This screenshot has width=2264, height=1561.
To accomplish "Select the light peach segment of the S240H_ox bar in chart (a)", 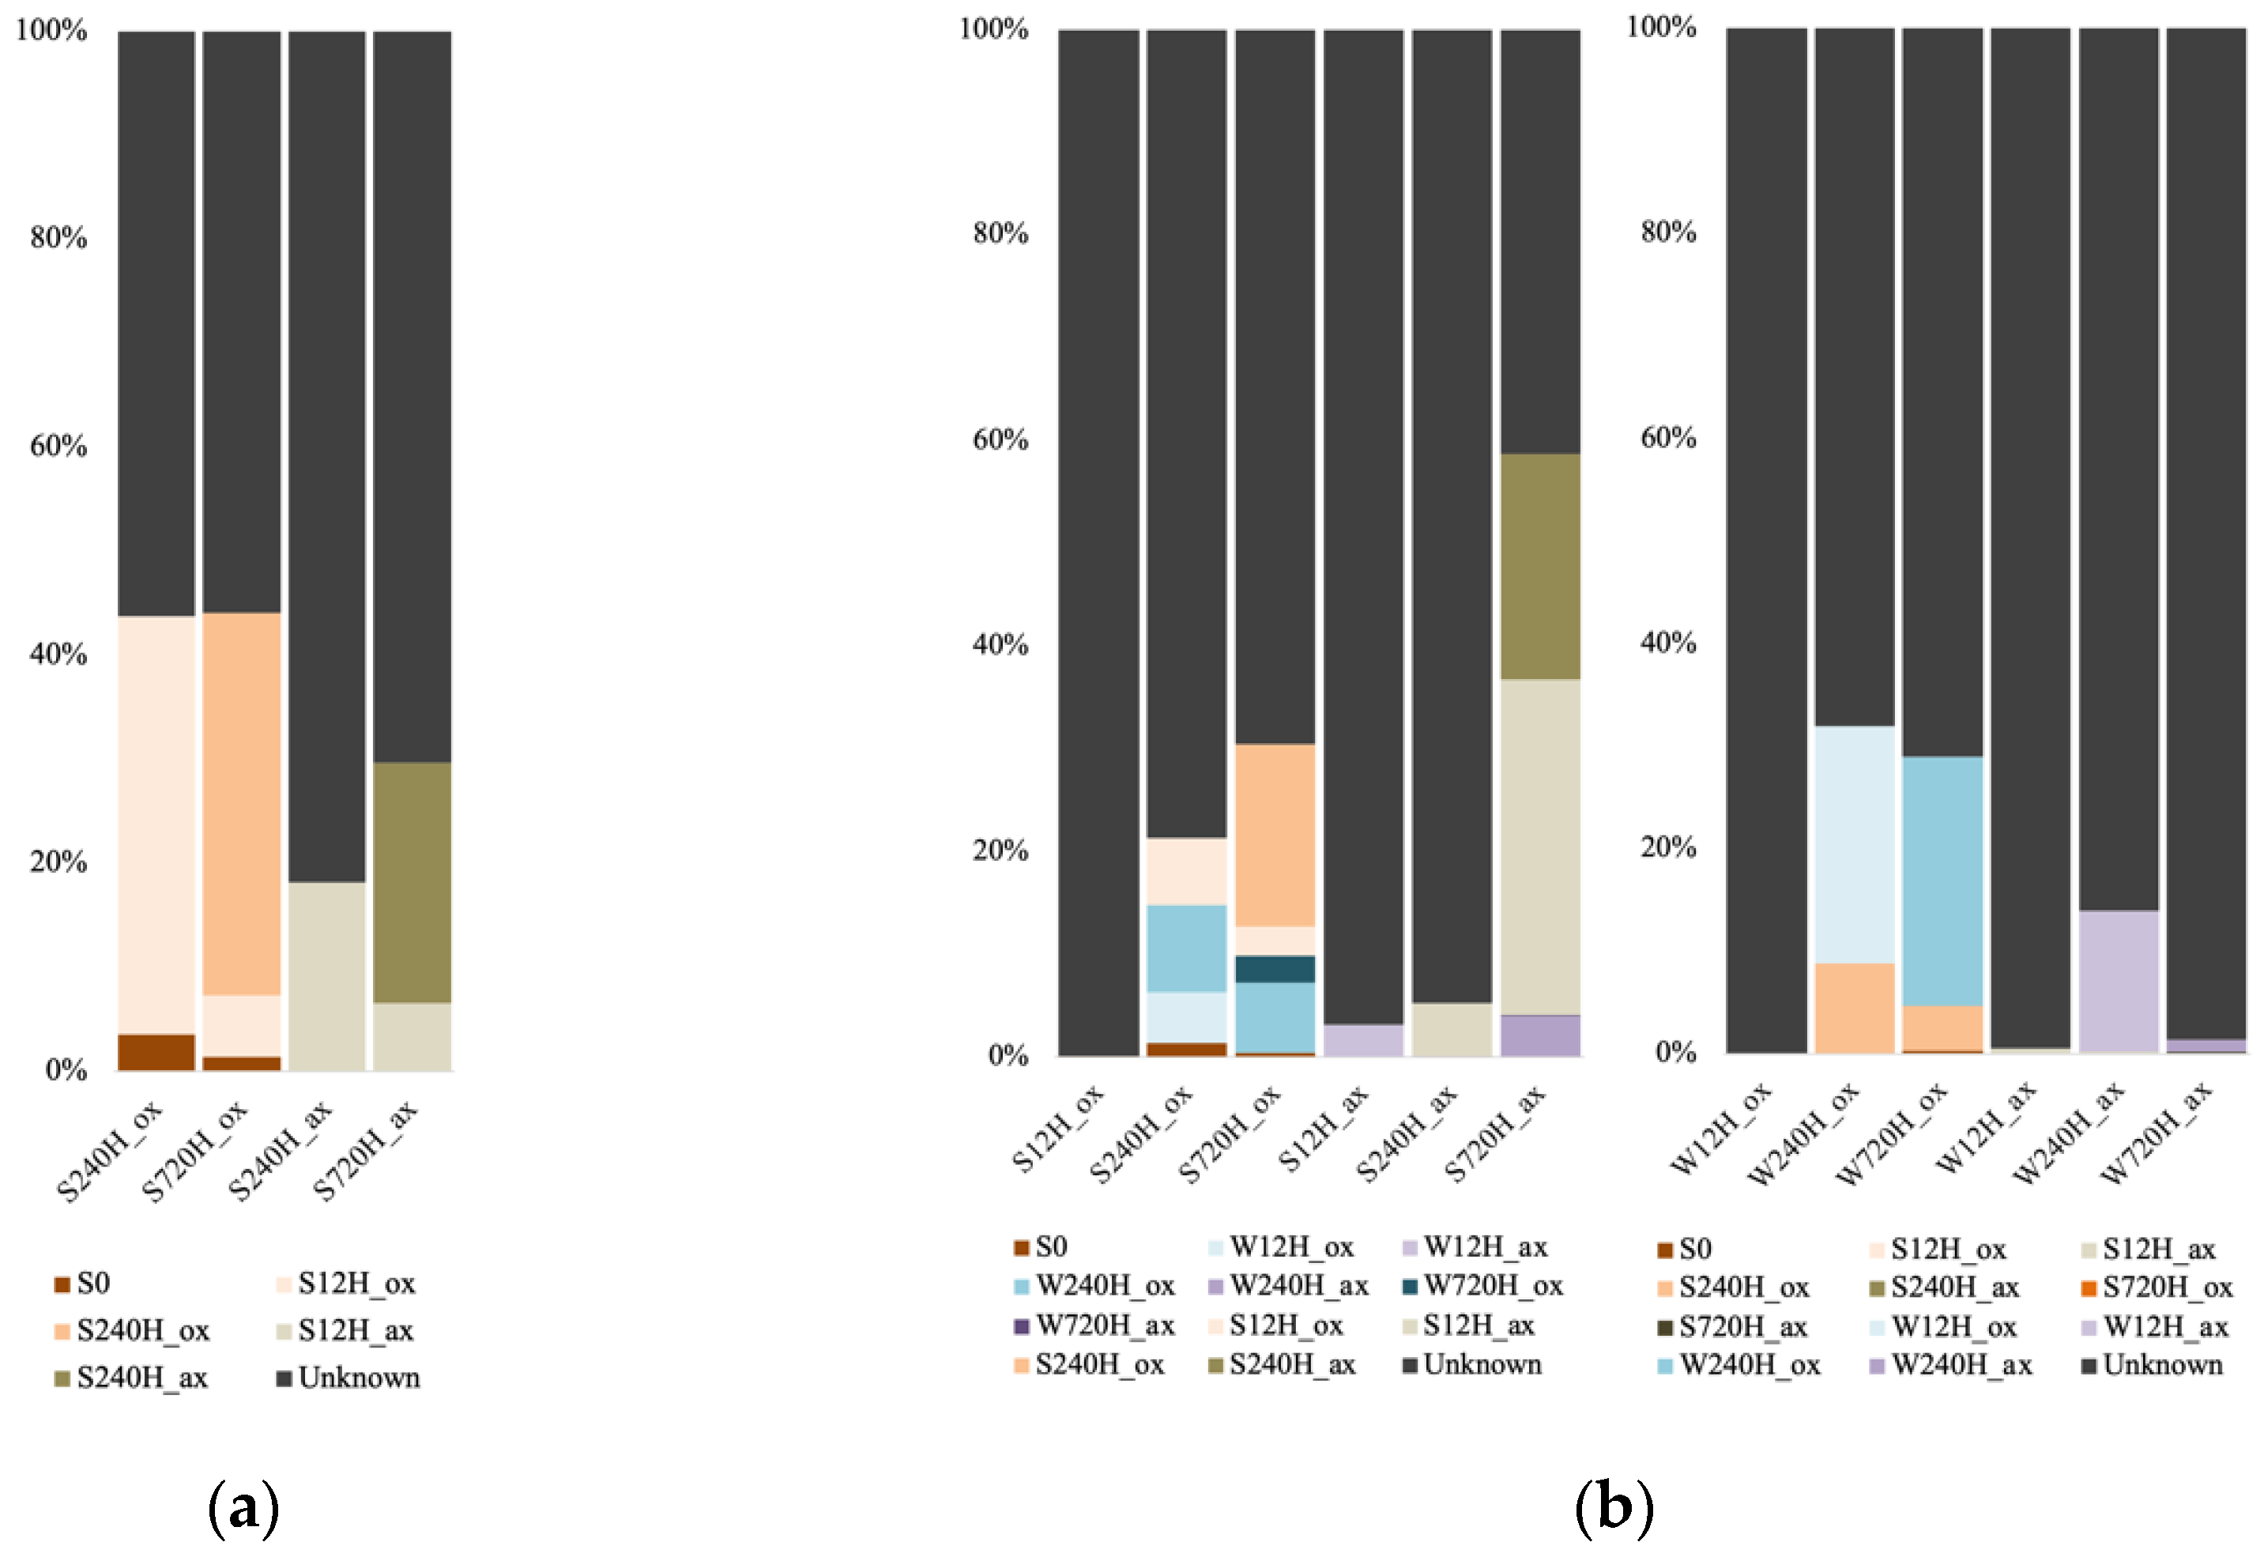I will pos(156,824).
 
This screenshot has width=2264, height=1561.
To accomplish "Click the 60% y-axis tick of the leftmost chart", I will pos(58,446).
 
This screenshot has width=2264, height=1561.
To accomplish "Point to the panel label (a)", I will pos(243,1507).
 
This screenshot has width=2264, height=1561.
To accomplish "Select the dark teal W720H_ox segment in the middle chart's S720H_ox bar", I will pos(1275,968).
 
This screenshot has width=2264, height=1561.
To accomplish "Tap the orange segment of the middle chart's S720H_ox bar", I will pos(1275,835).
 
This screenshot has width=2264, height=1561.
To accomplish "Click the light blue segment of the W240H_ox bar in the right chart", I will pos(1854,844).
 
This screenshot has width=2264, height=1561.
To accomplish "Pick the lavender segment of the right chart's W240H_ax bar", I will pos(2119,981).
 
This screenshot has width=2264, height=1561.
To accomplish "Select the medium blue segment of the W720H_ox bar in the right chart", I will pos(1942,880).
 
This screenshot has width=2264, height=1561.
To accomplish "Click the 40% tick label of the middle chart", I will pos(1000,644).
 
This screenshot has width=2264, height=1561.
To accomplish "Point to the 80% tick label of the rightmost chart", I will pos(1667,232).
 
